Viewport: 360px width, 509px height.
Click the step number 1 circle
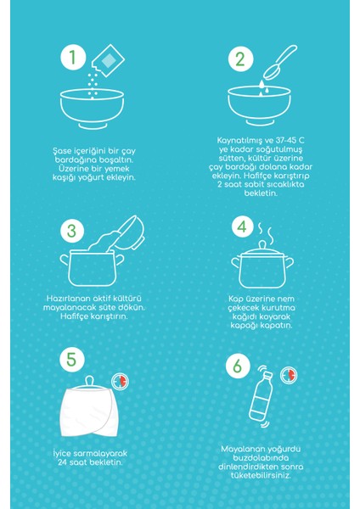pos(73,58)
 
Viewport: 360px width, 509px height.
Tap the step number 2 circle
pos(240,59)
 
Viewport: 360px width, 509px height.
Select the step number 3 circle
pos(72,231)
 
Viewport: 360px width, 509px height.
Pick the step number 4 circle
pos(242,227)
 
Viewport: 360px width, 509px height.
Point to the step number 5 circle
pos(72,360)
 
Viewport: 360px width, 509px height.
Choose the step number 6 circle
pos(238,366)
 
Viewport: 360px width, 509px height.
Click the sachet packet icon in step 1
pos(108,60)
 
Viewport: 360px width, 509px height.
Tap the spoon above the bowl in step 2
pos(279,61)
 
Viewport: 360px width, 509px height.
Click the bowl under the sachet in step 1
pos(92,109)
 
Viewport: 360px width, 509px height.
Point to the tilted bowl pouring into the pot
pos(130,232)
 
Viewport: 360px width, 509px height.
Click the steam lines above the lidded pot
pos(265,231)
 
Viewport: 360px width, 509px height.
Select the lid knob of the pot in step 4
pos(262,244)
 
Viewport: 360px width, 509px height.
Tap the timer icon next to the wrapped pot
pos(120,381)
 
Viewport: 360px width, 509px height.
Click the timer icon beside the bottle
pos(289,375)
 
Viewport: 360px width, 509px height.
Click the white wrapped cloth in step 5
pos(87,412)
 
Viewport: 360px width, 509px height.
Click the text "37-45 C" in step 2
pos(290,141)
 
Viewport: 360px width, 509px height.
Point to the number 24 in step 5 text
pos(62,462)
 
